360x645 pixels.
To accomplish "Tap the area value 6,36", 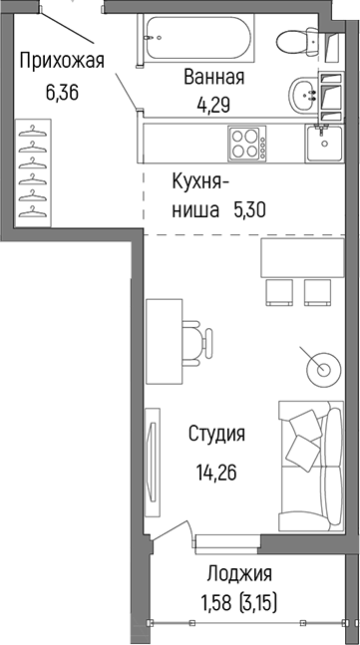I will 61,95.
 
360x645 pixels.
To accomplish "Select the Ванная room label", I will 213,78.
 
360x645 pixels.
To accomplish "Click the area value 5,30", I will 251,210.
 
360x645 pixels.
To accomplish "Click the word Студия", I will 217,435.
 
